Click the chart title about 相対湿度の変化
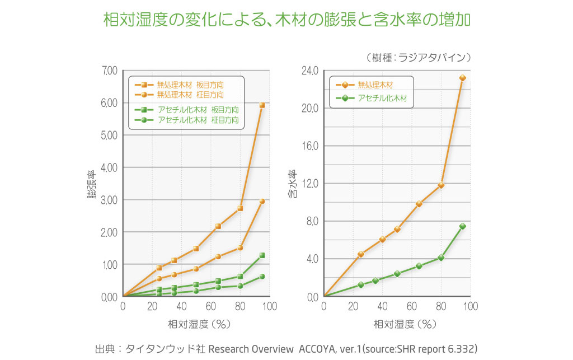286,20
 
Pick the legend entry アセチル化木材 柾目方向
198,120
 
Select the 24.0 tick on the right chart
309,71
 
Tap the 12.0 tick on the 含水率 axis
309,184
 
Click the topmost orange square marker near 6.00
262,105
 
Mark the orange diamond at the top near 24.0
462,78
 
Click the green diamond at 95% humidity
462,226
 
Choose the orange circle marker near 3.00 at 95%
262,201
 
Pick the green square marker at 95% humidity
262,255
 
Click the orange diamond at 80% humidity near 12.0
441,185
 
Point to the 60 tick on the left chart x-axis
210,306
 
